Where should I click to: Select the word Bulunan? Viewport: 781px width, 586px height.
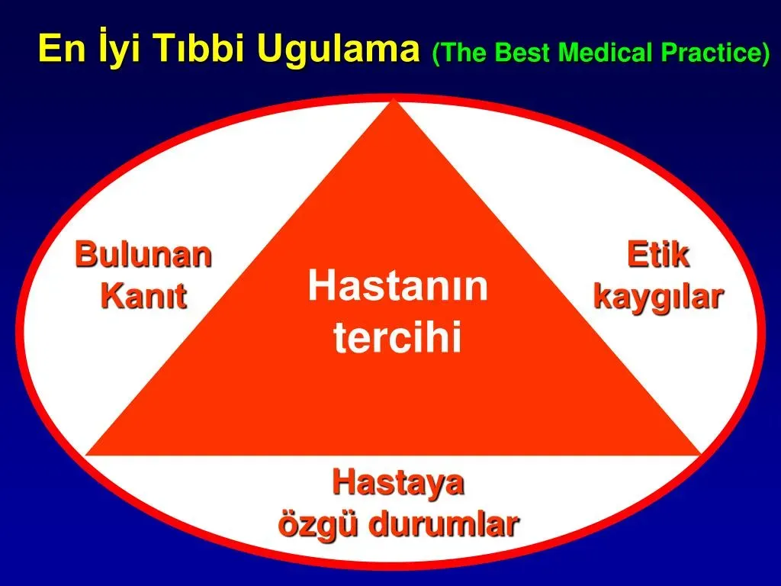[x=143, y=254]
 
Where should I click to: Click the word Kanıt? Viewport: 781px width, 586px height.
[x=144, y=296]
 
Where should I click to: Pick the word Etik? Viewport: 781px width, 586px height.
[x=658, y=254]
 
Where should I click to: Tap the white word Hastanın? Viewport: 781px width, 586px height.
[x=397, y=285]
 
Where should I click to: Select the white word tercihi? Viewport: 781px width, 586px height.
[x=397, y=336]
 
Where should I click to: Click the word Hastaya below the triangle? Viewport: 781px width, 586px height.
[x=398, y=483]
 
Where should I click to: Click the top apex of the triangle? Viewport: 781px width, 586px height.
[x=394, y=100]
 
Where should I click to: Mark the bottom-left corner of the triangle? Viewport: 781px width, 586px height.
[x=87, y=454]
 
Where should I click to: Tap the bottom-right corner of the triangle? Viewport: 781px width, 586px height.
[x=701, y=454]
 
